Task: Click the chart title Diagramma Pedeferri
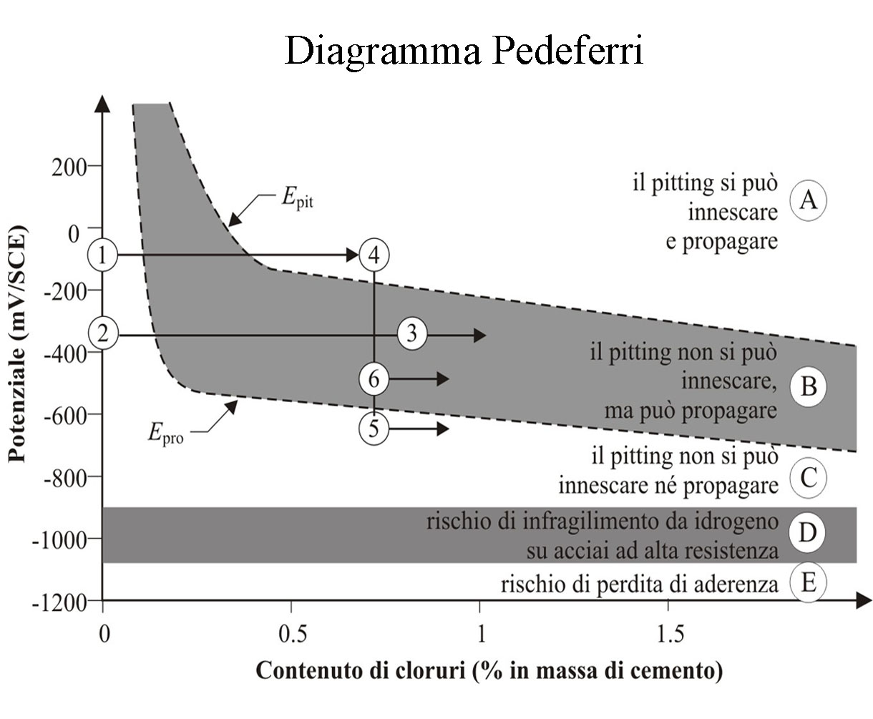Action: coord(464,51)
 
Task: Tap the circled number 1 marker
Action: coord(103,255)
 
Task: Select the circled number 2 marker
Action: coord(103,333)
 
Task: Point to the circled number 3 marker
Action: coord(412,334)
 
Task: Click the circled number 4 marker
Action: coord(374,255)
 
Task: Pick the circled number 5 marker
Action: coord(374,429)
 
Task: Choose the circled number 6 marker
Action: coord(374,379)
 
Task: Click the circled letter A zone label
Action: coord(808,200)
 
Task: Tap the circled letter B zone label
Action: coord(808,386)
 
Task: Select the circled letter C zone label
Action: coord(808,478)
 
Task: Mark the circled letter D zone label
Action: coord(807,533)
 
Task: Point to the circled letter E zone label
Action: coord(808,582)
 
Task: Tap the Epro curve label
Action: coord(166,434)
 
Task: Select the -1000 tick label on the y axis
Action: coord(59,541)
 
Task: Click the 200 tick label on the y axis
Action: coord(69,168)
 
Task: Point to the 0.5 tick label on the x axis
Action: coord(293,634)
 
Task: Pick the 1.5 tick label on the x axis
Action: coord(670,634)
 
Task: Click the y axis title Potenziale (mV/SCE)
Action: coord(18,343)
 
